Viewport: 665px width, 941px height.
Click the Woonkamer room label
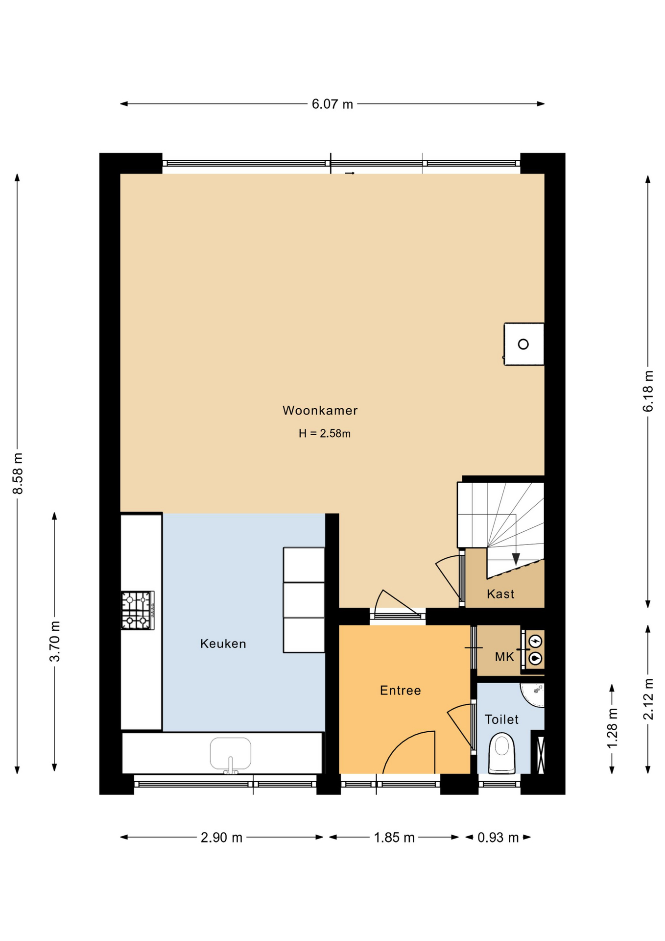(x=320, y=411)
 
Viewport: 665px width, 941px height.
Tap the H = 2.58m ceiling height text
(x=325, y=433)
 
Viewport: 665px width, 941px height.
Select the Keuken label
(x=223, y=644)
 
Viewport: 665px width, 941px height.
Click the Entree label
(x=400, y=691)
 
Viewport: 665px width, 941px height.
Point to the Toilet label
(x=501, y=719)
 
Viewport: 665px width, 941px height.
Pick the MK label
(x=504, y=657)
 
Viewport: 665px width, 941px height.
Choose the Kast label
(x=500, y=594)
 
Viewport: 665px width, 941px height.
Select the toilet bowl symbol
(x=502, y=753)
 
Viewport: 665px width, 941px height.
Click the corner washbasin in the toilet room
(x=533, y=695)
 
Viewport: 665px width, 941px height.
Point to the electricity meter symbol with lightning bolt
(x=535, y=641)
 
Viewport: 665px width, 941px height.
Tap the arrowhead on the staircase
(x=516, y=559)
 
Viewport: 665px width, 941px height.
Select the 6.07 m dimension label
(x=332, y=104)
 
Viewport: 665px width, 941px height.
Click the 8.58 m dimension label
(x=18, y=474)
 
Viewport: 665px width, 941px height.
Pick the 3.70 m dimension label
(x=55, y=642)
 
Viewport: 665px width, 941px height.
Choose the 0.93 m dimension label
(x=498, y=838)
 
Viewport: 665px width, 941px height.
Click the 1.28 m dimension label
(x=612, y=729)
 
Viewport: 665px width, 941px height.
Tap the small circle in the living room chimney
(x=523, y=344)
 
